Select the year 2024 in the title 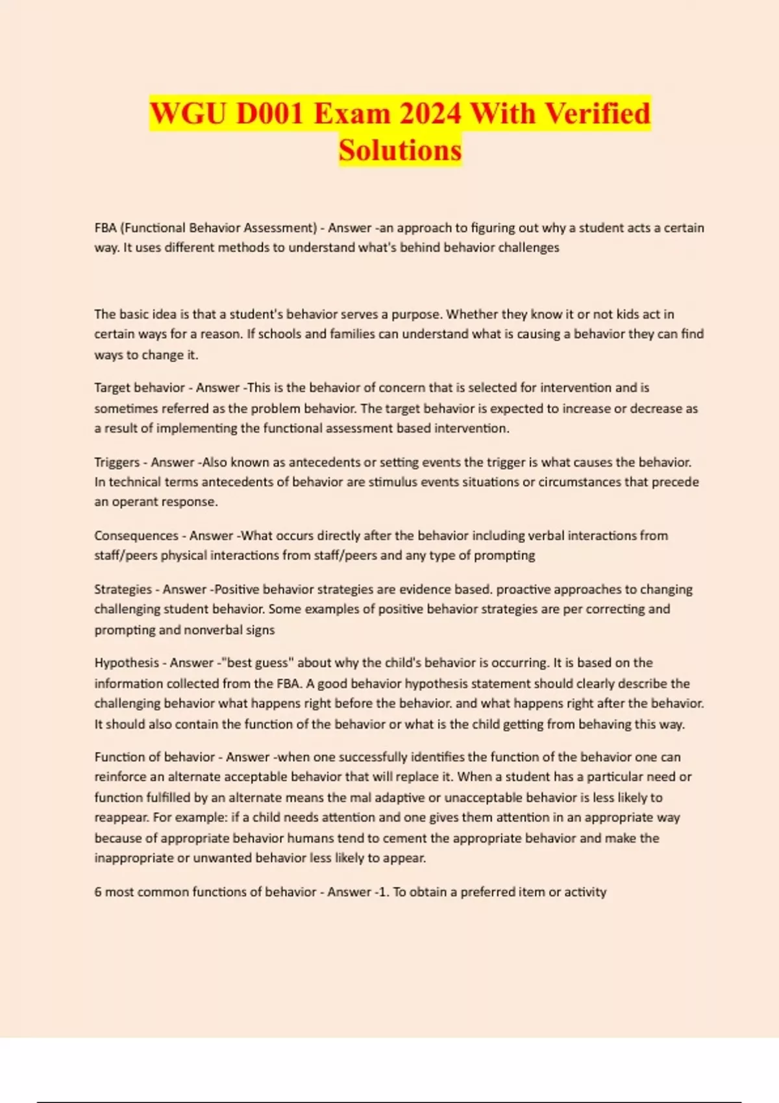click(430, 114)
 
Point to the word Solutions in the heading click(400, 150)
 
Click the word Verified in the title click(597, 114)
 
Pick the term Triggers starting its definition click(117, 462)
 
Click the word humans click(310, 838)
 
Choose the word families click(355, 334)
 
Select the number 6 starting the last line click(98, 891)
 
